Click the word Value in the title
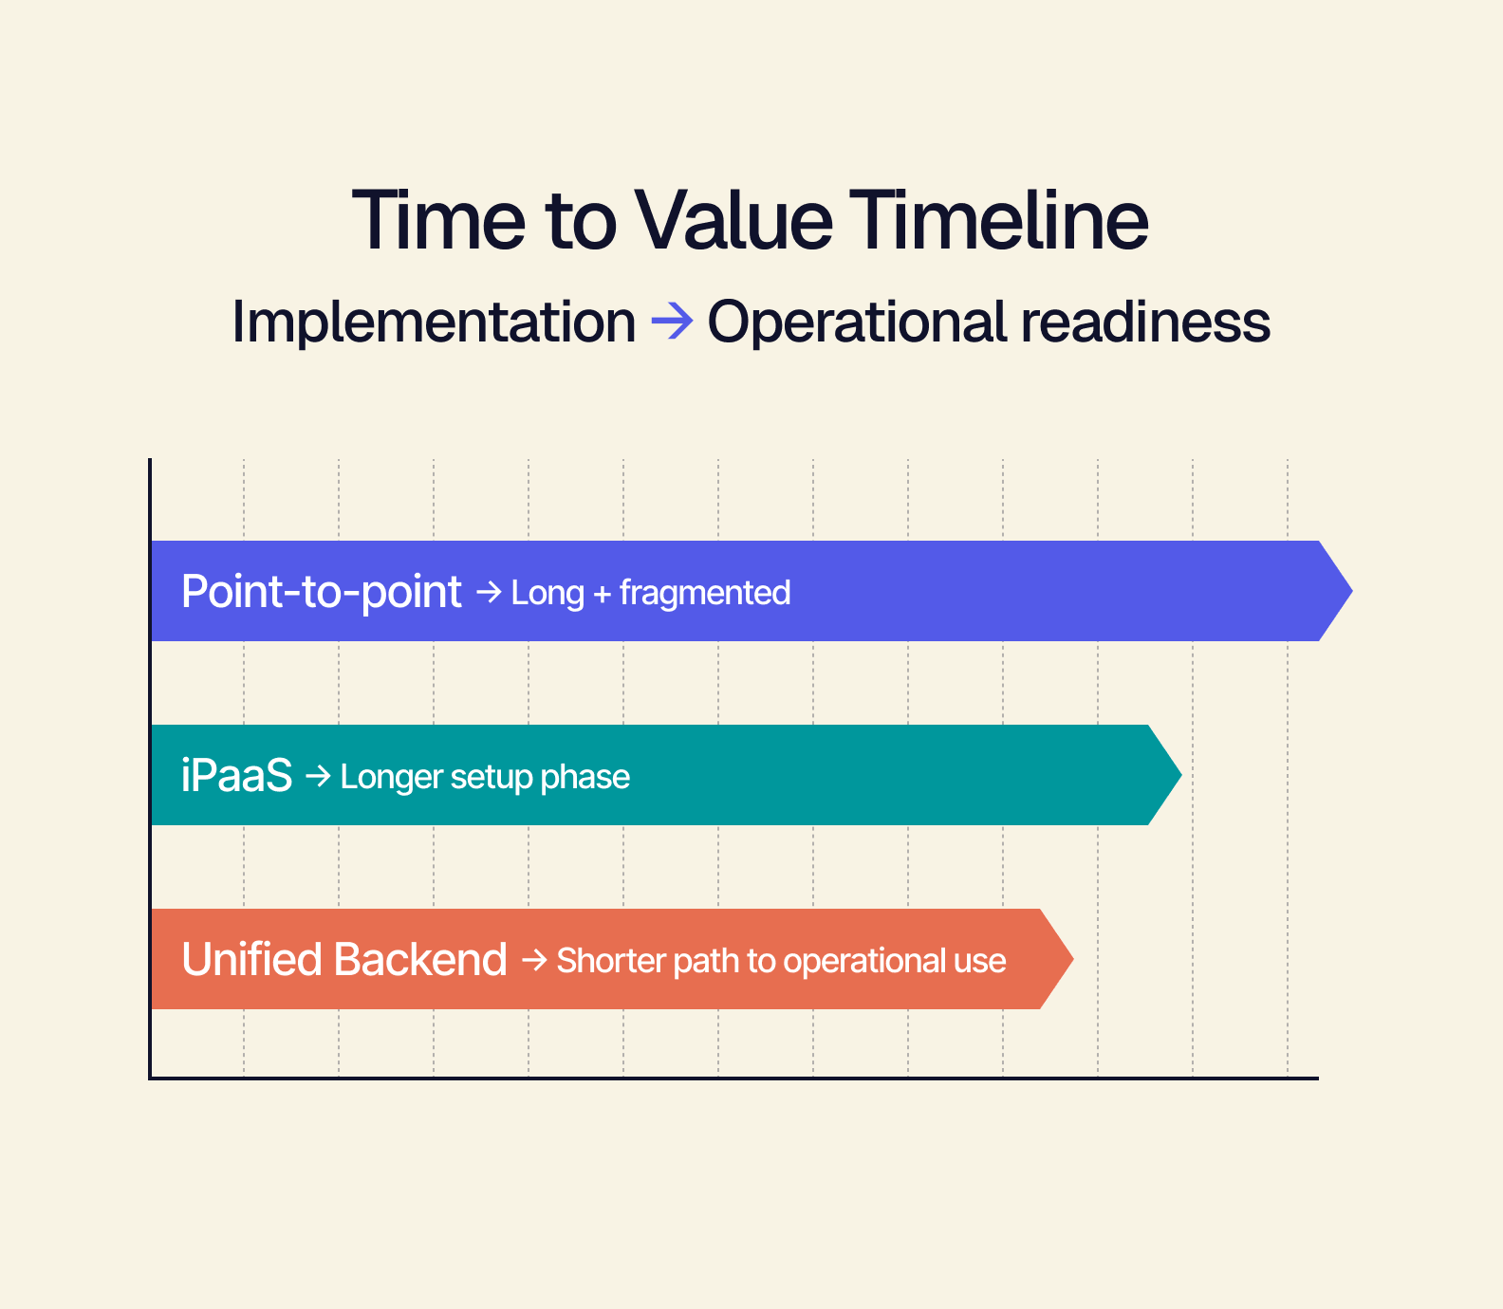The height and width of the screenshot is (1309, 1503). click(x=733, y=221)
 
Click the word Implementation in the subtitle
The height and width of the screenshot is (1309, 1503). click(x=434, y=323)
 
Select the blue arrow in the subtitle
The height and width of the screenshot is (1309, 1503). click(x=672, y=322)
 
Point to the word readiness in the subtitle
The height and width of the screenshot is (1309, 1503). click(x=1145, y=322)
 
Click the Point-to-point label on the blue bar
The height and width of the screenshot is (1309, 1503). click(x=321, y=592)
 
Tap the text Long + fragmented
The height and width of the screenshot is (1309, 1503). click(x=650, y=593)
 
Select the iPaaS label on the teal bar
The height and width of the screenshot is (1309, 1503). click(x=236, y=776)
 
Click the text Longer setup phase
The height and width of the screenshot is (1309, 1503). click(x=484, y=777)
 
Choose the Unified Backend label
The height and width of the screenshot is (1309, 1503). click(x=343, y=960)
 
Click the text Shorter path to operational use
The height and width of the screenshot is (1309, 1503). click(x=780, y=961)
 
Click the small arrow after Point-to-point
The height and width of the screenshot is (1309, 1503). click(x=488, y=593)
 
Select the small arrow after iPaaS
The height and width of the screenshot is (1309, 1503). click(x=317, y=777)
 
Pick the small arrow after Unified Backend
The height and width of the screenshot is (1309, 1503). click(x=533, y=961)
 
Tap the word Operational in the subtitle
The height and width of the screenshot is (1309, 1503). click(x=857, y=322)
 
